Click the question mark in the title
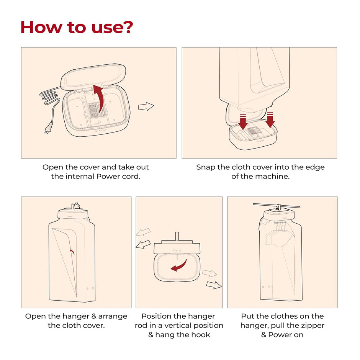click(126, 27)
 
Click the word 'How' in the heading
click(41, 27)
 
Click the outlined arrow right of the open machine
click(146, 106)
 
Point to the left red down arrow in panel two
click(243, 122)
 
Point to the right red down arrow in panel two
click(270, 120)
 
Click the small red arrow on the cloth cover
click(72, 252)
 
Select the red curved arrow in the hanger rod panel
click(179, 266)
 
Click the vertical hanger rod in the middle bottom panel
click(177, 236)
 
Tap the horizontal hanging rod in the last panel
click(277, 205)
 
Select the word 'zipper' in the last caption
click(313, 326)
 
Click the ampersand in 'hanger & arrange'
click(94, 316)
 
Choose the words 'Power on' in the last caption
click(286, 335)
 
